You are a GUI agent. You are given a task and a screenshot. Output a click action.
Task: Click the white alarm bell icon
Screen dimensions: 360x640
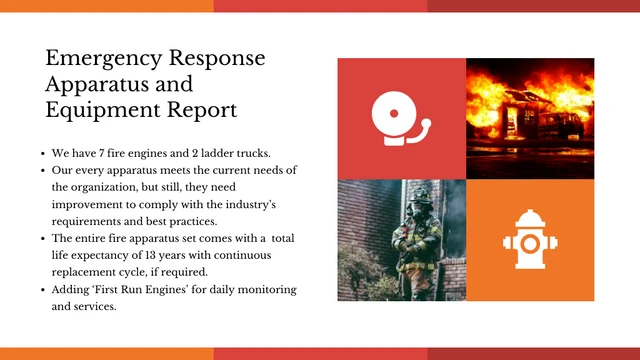400,119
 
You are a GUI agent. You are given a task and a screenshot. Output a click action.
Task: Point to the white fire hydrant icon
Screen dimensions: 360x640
529,241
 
